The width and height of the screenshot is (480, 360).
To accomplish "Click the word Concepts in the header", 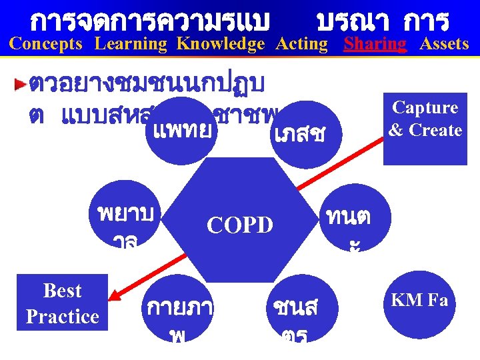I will tap(46, 44).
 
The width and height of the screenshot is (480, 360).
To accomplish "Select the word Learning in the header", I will tap(131, 44).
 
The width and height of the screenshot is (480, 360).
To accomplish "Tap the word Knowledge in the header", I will tap(221, 44).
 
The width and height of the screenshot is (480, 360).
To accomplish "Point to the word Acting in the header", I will tap(302, 44).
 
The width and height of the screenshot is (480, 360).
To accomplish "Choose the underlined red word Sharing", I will tap(375, 44).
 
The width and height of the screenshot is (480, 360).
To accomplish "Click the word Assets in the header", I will tap(444, 44).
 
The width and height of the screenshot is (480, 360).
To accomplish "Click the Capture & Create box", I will tap(425, 128).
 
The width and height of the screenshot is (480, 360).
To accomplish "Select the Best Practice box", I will tap(62, 303).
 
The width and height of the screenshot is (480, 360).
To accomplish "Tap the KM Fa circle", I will tap(419, 301).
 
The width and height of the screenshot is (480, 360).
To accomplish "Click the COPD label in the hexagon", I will tap(240, 225).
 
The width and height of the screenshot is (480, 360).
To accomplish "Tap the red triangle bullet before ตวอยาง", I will tap(21, 85).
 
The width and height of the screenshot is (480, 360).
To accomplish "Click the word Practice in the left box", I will tap(62, 316).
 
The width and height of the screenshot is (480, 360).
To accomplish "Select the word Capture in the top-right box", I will tap(425, 108).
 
